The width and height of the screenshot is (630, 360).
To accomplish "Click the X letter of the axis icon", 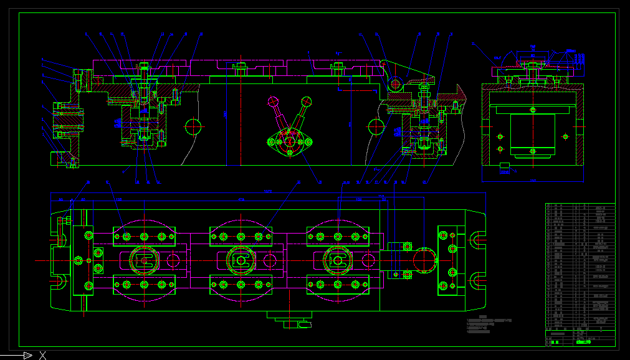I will (42, 356).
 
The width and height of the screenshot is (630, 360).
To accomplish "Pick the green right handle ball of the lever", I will (306, 101).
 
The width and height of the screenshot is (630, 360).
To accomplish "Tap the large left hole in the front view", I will (194, 127).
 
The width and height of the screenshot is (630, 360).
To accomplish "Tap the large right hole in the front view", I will (375, 127).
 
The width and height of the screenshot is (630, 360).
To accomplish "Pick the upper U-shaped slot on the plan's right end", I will (479, 239).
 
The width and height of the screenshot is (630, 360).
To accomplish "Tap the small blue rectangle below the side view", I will (505, 166).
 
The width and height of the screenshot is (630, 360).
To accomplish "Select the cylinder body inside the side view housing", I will (533, 134).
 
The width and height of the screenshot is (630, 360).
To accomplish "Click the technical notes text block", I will (489, 325).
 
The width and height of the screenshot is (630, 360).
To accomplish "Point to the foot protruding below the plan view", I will (290, 320).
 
